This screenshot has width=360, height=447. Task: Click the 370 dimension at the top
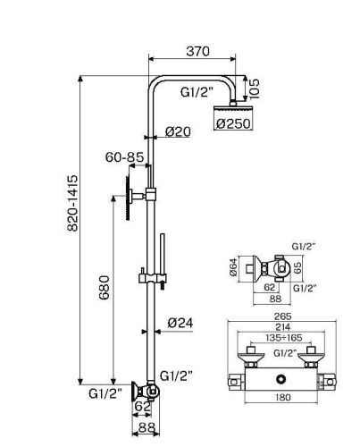pos(197,53)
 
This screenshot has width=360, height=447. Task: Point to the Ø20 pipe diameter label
pos(180,131)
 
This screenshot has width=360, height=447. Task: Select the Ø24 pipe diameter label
pos(181,323)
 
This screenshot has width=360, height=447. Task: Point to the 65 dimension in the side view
pos(298,267)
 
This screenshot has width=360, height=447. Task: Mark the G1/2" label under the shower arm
pos(197,90)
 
